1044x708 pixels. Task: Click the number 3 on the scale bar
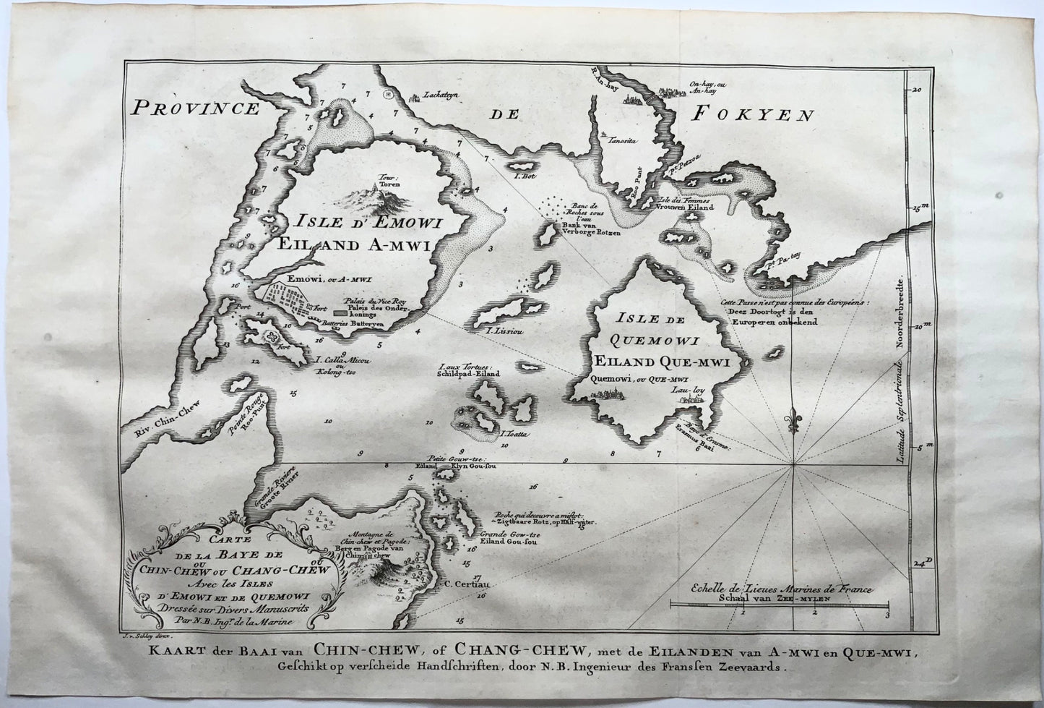pyautogui.click(x=886, y=614)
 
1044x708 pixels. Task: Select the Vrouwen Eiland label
pyautogui.click(x=686, y=207)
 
